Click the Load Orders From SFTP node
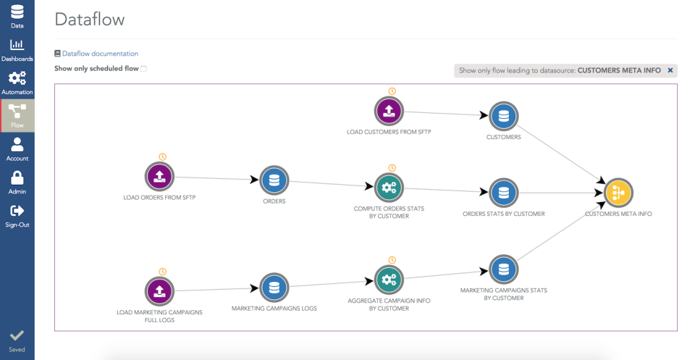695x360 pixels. click(160, 177)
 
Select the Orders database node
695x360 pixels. click(274, 180)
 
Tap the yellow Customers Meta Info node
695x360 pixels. click(618, 193)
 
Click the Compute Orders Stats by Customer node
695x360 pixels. click(389, 188)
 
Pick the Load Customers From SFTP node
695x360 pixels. click(389, 111)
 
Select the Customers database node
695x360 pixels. click(503, 116)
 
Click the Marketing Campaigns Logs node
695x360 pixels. click(274, 288)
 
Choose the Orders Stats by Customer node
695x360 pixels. click(503, 193)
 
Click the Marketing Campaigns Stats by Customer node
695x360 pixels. click(503, 269)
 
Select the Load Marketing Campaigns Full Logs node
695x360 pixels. click(160, 291)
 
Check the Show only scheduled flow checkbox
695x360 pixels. click(143, 69)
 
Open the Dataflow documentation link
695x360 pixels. click(100, 54)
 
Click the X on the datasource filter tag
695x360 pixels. click(670, 70)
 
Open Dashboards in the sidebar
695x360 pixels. click(17, 50)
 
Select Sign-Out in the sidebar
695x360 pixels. click(17, 215)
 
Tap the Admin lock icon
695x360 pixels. click(17, 182)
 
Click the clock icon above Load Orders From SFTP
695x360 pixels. click(163, 156)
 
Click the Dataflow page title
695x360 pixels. click(89, 20)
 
